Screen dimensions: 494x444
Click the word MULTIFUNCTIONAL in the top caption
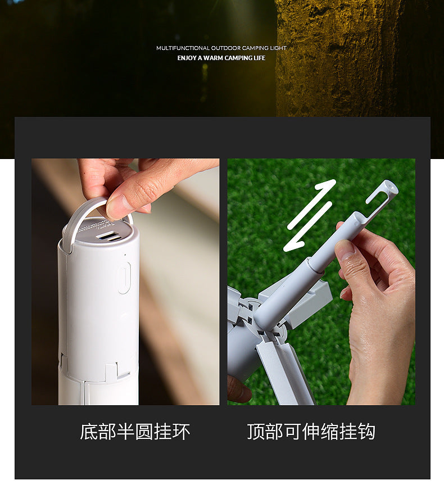(179, 48)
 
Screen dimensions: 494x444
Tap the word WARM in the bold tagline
(214, 58)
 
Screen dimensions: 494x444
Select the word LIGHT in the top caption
(279, 48)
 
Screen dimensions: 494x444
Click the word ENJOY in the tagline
(187, 58)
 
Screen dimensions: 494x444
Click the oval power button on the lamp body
(124, 278)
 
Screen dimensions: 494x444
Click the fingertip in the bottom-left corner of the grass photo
(238, 389)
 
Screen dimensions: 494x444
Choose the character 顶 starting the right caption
(257, 432)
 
